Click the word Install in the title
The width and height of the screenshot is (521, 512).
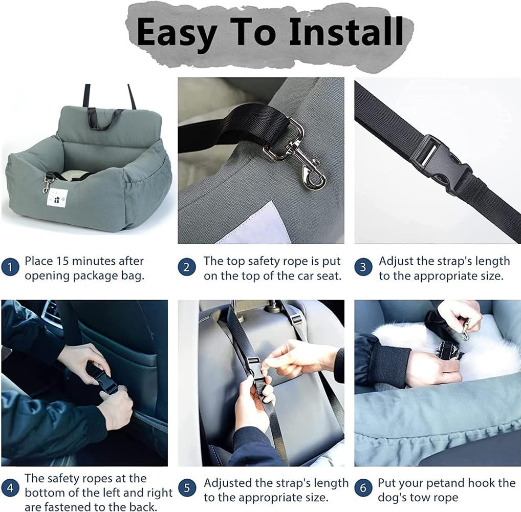pos(346,32)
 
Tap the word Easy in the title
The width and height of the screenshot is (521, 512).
pos(176,34)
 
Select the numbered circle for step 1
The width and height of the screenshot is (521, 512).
pos(10,267)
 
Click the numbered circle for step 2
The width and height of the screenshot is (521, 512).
pos(186,267)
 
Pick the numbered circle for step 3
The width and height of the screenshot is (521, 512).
pos(363,267)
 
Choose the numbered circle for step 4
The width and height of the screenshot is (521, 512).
pos(10,488)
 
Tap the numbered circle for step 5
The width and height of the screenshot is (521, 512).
pos(187,488)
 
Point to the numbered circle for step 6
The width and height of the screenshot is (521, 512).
pos(363,488)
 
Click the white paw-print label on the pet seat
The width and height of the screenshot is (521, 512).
pos(57,198)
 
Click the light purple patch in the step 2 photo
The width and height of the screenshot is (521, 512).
pos(252,223)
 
